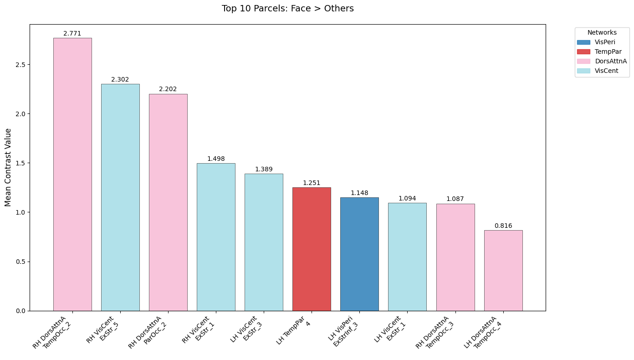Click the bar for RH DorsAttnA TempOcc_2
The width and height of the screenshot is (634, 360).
72,174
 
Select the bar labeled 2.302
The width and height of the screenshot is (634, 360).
120,197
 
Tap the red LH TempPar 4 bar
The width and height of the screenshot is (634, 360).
312,249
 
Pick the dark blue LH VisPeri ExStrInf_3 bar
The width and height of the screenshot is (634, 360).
359,254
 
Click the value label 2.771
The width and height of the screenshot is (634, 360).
72,34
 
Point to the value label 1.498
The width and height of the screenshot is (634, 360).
216,159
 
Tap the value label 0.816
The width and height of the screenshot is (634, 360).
503,226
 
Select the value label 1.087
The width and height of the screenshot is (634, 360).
455,199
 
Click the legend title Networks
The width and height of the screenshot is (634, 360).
602,32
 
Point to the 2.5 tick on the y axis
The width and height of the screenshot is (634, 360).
20,64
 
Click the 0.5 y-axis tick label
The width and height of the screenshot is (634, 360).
20,262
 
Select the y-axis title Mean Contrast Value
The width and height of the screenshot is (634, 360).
8,167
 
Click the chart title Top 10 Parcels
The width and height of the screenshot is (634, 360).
287,9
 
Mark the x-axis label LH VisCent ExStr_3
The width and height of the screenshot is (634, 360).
248,332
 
